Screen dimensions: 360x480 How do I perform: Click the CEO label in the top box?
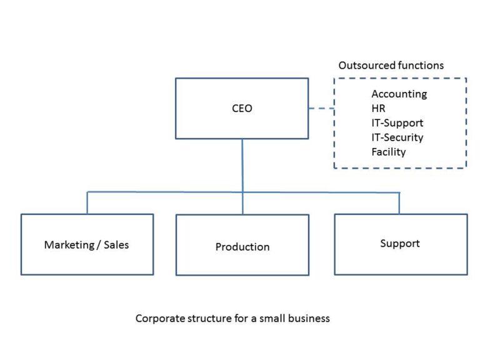point(242,108)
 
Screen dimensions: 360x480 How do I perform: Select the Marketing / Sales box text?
point(86,244)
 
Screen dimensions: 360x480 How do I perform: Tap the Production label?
point(242,247)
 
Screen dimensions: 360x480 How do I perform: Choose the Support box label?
point(400,243)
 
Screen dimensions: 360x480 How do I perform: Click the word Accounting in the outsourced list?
point(399,94)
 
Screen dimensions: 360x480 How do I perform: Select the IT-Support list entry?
point(397,123)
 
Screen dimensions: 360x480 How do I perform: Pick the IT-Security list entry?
point(397,137)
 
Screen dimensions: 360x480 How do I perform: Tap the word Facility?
point(388,152)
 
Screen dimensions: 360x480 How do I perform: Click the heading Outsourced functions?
point(391,65)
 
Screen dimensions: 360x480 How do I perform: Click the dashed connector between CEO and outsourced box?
point(321,108)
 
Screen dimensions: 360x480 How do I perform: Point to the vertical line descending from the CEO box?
point(242,165)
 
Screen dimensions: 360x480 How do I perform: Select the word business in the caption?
point(309,318)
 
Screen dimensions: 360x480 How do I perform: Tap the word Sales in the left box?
point(116,244)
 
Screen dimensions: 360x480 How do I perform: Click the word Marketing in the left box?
point(67,244)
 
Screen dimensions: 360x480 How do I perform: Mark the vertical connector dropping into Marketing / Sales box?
point(87,202)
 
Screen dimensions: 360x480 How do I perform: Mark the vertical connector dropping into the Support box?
point(399,202)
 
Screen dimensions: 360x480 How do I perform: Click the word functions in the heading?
point(421,65)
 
